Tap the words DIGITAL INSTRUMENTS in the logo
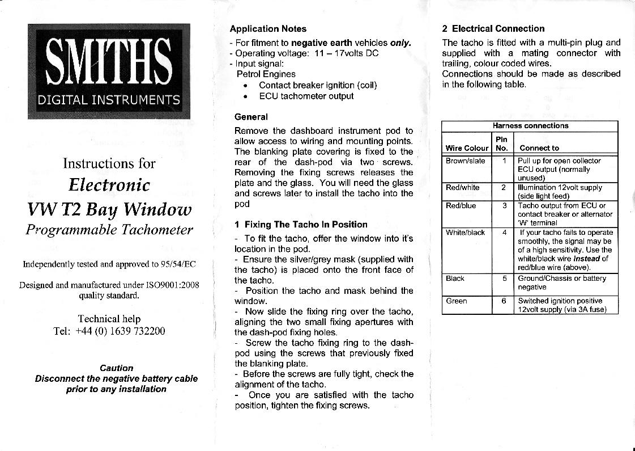click(109, 100)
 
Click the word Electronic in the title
click(109, 185)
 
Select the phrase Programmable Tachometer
click(109, 230)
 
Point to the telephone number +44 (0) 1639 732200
click(120, 331)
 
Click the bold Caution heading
click(116, 368)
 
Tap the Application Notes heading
click(268, 29)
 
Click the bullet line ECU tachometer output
click(306, 96)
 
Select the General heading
click(251, 117)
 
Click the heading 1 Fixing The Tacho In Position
click(301, 225)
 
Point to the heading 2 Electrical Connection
click(493, 29)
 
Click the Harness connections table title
click(530, 126)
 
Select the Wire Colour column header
click(467, 148)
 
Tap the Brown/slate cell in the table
click(466, 161)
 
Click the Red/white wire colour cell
click(463, 187)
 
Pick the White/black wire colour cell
click(466, 232)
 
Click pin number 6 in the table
click(503, 301)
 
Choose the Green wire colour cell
click(457, 301)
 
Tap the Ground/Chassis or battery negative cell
click(561, 283)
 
